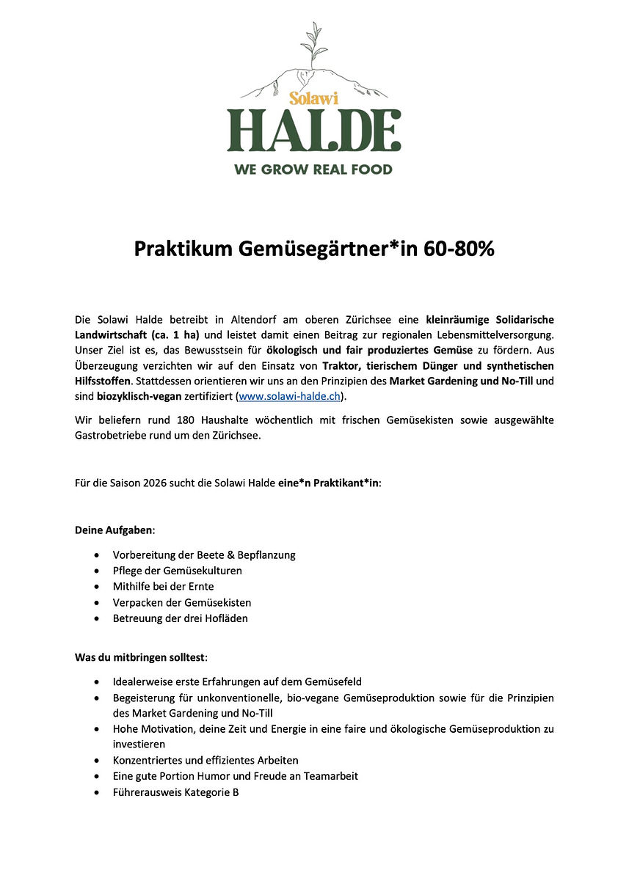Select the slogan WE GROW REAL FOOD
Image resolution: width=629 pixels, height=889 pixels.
[313, 169]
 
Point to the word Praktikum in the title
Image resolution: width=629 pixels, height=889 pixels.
[183, 249]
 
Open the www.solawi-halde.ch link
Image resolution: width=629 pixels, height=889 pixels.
[290, 397]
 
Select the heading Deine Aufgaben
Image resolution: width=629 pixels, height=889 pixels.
[114, 530]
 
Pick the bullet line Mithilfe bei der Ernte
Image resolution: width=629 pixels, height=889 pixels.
[163, 586]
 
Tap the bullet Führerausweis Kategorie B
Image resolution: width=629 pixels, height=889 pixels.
[175, 792]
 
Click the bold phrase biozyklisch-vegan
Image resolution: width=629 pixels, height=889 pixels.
[139, 397]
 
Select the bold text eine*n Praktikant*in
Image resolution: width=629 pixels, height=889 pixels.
[330, 483]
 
